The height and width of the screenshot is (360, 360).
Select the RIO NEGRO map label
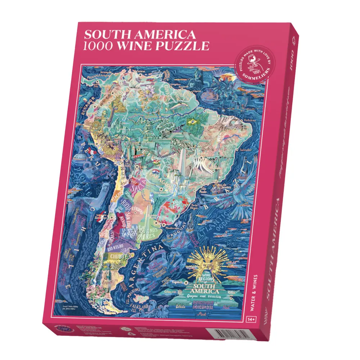(x=116, y=248)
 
